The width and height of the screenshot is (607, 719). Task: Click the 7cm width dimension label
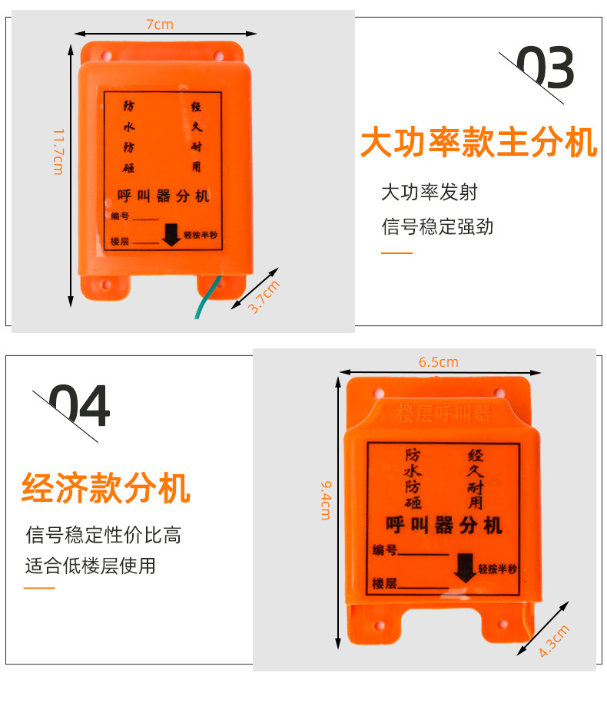point(160,25)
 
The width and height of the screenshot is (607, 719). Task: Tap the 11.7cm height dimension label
point(58,150)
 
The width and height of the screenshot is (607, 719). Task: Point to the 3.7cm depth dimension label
point(264,297)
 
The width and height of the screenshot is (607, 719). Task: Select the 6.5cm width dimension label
point(438,362)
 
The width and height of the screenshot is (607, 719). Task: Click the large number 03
point(545,69)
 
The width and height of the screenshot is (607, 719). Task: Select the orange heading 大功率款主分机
point(479,143)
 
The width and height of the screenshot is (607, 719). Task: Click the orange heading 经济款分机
point(106,488)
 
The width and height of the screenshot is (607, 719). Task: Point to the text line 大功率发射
point(430,192)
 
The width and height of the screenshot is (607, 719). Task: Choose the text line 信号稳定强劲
point(437,226)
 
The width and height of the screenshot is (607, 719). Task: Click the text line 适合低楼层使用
point(91,566)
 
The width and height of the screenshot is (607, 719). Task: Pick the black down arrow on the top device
point(171,235)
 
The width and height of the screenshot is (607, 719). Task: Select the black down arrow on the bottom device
point(464,568)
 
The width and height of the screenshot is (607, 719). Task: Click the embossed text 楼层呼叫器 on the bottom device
point(443,413)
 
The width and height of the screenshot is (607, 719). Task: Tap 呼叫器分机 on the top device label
point(163,196)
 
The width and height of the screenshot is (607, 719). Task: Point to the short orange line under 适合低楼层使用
point(40,588)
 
